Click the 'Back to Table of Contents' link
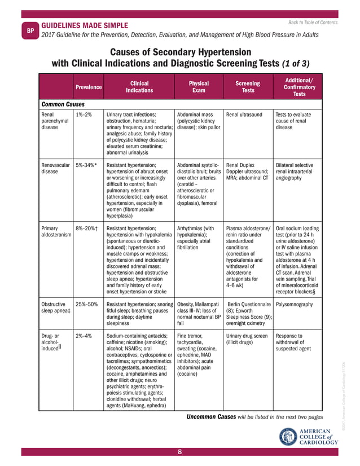[x=313, y=23]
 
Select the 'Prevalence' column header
[x=89, y=87]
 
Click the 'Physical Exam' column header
[x=199, y=87]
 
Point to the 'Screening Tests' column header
[x=248, y=87]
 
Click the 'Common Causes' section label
[x=63, y=104]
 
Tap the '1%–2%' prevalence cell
[x=84, y=115]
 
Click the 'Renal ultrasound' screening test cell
[x=244, y=115]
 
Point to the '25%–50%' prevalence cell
[x=86, y=304]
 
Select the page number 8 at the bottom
[x=179, y=452]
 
